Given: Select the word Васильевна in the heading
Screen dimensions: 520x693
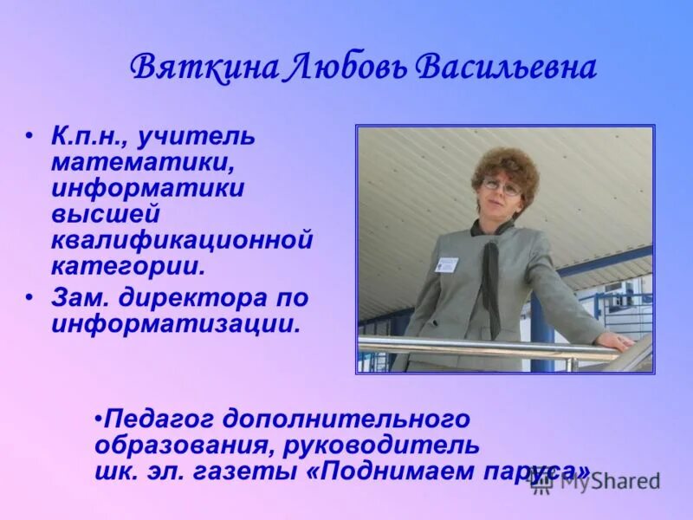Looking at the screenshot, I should coord(508,68).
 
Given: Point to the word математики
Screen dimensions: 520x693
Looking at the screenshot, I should coord(139,162).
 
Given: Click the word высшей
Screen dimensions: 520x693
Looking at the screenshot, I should coord(105,212).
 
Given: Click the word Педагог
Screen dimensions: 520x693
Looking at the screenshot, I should coord(159,419).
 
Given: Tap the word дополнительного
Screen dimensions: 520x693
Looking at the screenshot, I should coord(346,419).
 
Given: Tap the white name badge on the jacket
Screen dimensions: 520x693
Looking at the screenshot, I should coord(446,263).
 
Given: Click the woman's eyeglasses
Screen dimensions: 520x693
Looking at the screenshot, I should coord(502,186).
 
